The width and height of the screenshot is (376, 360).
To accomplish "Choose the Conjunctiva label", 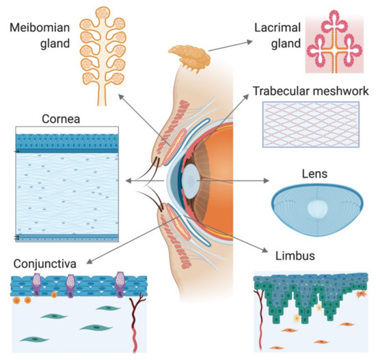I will (42, 261).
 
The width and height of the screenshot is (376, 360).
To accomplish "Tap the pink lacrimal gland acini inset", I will (334, 41).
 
